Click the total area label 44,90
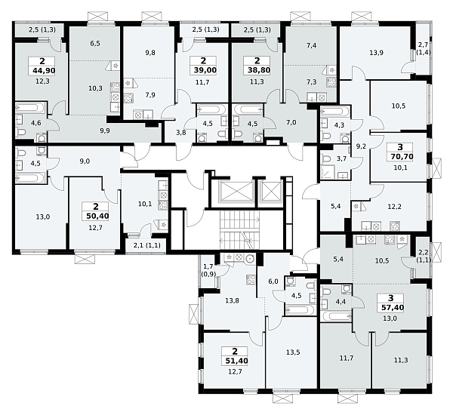click(42, 70)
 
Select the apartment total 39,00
click(203, 70)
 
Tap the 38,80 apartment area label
click(257, 70)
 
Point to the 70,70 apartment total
click(400, 157)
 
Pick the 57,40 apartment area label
click(392, 308)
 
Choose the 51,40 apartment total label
click(235, 361)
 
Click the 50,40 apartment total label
click(96, 216)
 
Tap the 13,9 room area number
click(377, 53)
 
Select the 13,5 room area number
click(293, 352)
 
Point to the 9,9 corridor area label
click(105, 131)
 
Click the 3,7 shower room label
click(341, 158)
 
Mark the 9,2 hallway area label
click(361, 146)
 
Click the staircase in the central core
click(240, 230)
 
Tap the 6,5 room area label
click(95, 43)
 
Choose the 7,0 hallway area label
click(291, 122)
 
